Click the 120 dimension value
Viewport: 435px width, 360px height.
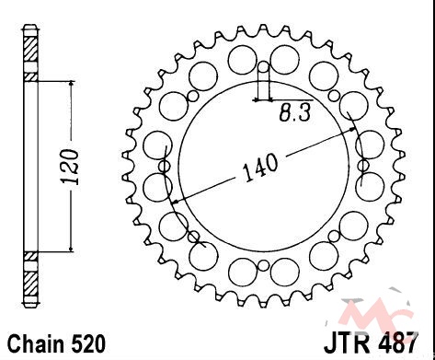coord(70,167)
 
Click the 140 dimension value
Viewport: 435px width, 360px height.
coord(260,168)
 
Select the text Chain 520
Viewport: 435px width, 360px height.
coord(56,343)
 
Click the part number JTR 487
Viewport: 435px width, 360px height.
coord(372,343)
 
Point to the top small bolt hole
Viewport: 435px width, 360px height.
coord(263,66)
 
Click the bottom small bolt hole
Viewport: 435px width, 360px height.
coord(263,266)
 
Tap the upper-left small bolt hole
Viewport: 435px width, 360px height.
coord(193,96)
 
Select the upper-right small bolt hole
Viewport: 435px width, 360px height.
coord(334,96)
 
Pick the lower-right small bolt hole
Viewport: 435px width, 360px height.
coord(334,237)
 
